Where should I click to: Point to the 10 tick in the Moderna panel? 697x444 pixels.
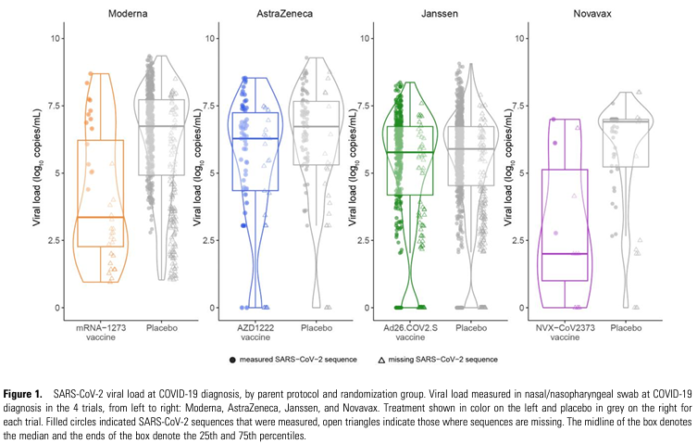57,38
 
